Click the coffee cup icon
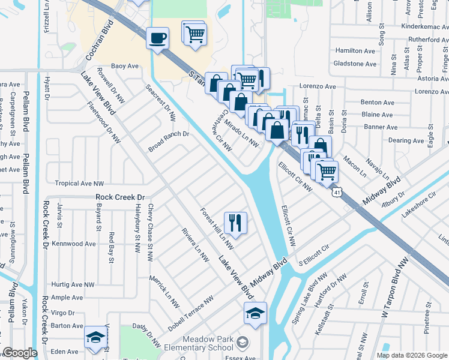click(x=158, y=38)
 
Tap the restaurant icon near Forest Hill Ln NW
click(x=235, y=223)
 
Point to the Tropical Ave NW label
click(x=79, y=184)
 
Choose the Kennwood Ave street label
click(x=74, y=244)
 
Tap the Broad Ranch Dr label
click(x=169, y=142)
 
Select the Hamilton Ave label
click(x=356, y=51)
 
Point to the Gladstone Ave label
click(x=355, y=64)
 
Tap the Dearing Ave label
click(x=406, y=140)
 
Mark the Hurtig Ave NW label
click(x=73, y=284)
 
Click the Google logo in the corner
click(x=20, y=353)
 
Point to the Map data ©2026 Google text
click(x=412, y=355)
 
